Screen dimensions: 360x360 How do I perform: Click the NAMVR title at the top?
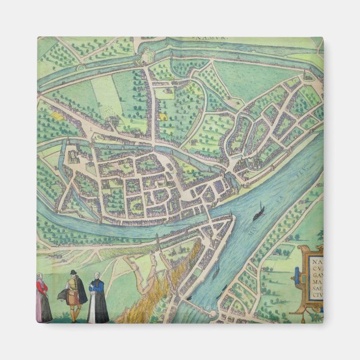pos(208,39)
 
